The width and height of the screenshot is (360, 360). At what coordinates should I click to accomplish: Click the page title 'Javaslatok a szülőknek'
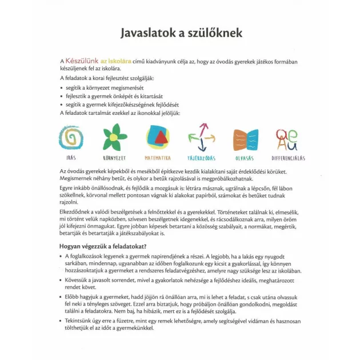(181, 33)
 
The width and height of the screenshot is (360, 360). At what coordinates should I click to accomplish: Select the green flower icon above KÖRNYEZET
(114, 137)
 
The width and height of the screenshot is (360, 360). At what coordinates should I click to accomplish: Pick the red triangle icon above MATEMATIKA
(157, 138)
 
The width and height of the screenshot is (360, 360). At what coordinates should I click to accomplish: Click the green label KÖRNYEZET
(114, 158)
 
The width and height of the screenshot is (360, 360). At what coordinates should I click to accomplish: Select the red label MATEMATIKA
(157, 158)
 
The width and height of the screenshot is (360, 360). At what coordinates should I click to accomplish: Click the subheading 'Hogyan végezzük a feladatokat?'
(106, 246)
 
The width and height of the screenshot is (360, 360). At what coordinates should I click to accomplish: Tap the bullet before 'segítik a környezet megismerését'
(62, 88)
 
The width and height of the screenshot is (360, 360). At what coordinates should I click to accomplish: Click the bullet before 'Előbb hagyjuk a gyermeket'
(62, 297)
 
